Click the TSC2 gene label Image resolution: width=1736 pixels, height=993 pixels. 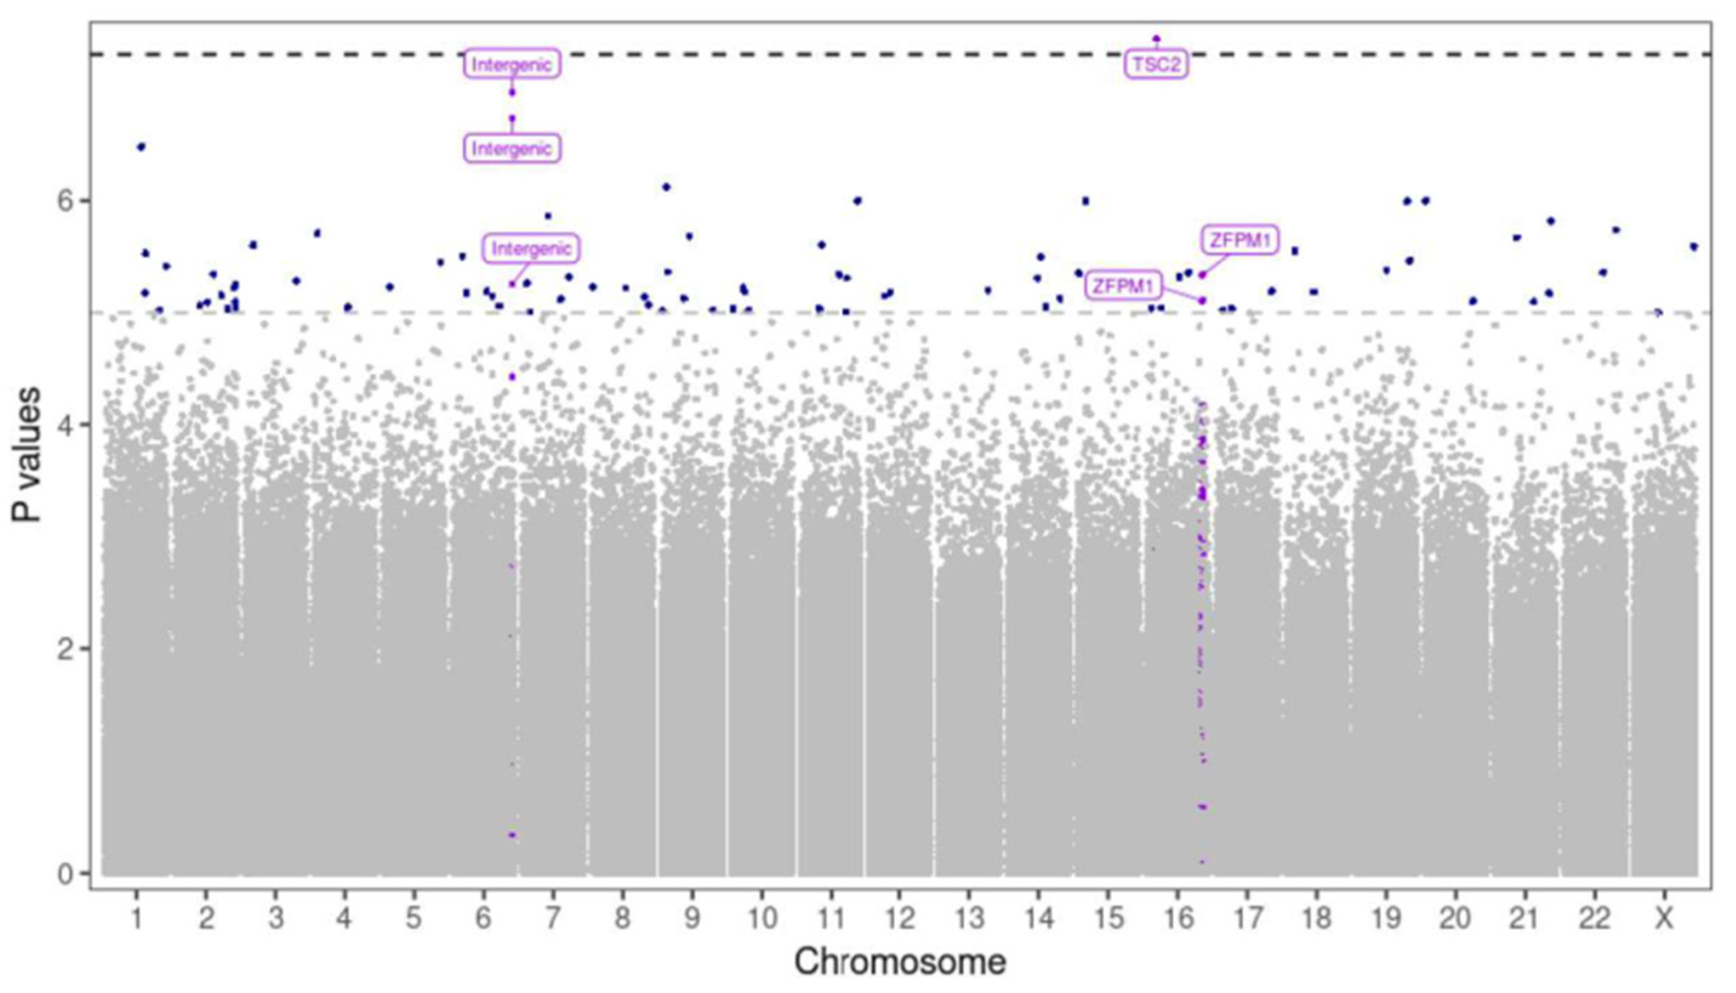(x=1156, y=65)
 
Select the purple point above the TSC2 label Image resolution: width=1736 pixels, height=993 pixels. (x=1156, y=38)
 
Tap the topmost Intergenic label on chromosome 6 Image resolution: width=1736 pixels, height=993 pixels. (x=512, y=65)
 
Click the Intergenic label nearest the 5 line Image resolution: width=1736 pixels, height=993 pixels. (x=531, y=248)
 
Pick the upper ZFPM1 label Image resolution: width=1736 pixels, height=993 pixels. (x=1240, y=240)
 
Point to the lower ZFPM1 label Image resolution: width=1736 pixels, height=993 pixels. (x=1122, y=286)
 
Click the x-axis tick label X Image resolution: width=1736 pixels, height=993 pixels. (x=1664, y=920)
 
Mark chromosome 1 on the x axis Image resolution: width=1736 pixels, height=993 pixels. (x=137, y=920)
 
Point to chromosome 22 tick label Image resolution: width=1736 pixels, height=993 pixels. (x=1594, y=920)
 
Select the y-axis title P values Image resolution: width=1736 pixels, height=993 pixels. (x=27, y=455)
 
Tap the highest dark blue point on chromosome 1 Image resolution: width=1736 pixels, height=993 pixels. (x=141, y=147)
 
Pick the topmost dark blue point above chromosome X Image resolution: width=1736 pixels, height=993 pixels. (x=1694, y=246)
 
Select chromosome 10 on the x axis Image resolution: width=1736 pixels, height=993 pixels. (x=762, y=920)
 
